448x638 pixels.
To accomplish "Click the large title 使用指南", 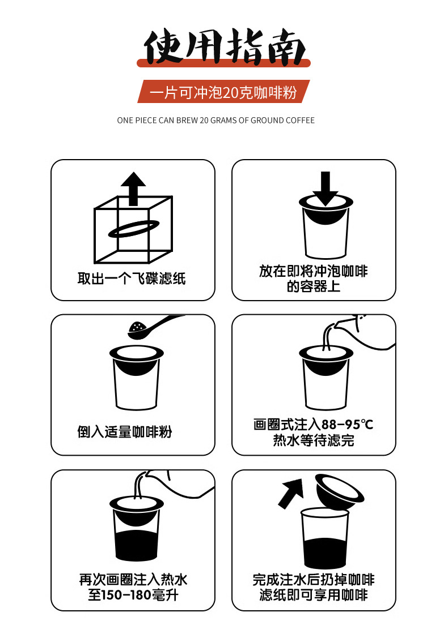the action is click(224, 47).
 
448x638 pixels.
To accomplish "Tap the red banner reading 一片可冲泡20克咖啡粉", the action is click(223, 92).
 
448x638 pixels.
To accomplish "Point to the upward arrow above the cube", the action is click(133, 189).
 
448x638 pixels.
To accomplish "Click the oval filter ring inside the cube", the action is click(133, 229).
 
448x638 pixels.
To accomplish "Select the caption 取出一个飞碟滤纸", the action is click(132, 279).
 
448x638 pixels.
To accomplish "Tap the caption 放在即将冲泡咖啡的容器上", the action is click(314, 279).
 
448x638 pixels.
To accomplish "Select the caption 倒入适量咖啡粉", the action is click(125, 432).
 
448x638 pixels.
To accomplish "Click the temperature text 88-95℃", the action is click(347, 425).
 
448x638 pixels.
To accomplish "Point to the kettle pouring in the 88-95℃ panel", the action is click(365, 332).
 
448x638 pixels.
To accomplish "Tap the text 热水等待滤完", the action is click(314, 440).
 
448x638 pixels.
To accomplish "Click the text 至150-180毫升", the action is click(133, 596).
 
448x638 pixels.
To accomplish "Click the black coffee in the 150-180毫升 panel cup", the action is click(137, 545).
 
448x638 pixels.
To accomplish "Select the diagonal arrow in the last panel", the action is click(291, 493).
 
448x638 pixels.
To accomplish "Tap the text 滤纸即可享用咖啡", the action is click(314, 596).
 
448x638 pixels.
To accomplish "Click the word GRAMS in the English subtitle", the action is click(223, 121).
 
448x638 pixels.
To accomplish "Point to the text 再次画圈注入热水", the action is click(133, 580).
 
